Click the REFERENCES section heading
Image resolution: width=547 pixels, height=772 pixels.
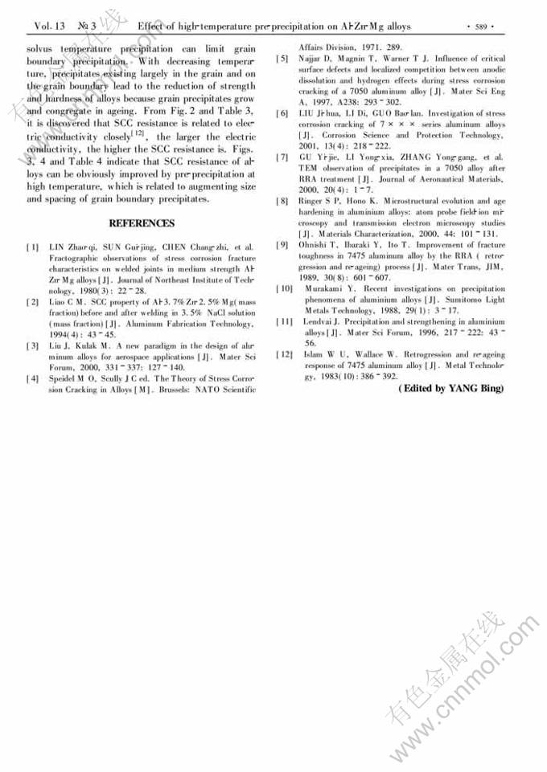coord(141,223)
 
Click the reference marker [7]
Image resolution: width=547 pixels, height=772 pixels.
coord(282,157)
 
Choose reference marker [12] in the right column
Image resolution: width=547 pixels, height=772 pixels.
coord(284,354)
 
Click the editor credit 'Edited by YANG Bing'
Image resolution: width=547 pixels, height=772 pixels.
coord(450,389)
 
